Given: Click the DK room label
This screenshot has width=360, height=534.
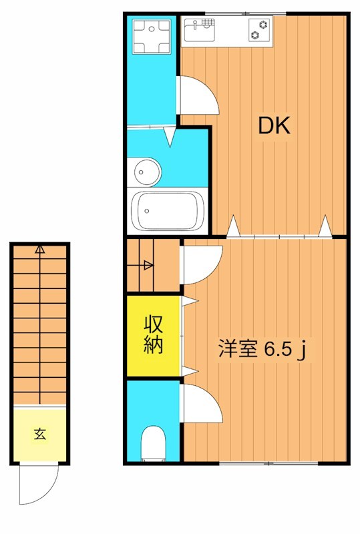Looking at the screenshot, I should [x=274, y=125].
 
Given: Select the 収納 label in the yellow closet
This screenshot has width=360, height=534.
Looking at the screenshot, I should [x=154, y=335].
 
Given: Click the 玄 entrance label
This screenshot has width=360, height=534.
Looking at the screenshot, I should [x=40, y=433].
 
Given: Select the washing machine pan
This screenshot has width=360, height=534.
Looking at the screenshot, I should [x=152, y=37].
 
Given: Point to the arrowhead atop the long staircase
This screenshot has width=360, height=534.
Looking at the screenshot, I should [x=40, y=250].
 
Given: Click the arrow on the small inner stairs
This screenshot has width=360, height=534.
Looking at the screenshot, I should [x=148, y=265].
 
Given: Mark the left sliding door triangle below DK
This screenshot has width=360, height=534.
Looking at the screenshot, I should [x=232, y=227].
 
